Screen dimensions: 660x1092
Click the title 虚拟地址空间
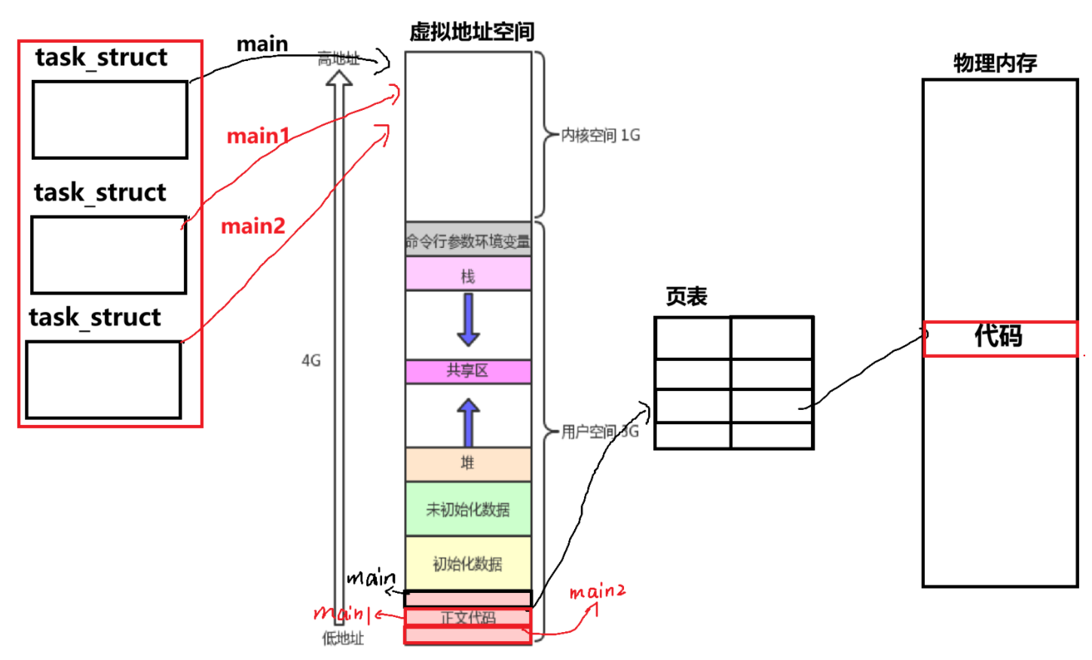[x=472, y=32]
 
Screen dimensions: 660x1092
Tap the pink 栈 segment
[x=468, y=275]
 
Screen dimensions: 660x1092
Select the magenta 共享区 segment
[x=468, y=371]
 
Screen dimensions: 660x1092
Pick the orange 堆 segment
[x=468, y=463]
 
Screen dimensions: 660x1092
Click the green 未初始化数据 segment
[x=468, y=509]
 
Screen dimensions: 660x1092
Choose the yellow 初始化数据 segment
[x=468, y=564]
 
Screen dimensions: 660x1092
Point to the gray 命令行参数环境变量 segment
[x=468, y=241]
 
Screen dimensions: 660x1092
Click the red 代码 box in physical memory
[x=999, y=337]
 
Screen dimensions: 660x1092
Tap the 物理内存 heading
[x=995, y=63]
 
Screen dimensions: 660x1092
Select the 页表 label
[x=687, y=297]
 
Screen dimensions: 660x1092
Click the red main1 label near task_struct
[x=258, y=136]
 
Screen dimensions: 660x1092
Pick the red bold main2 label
[x=253, y=226]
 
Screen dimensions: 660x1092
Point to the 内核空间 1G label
[x=601, y=136]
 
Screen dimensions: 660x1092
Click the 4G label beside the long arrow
[x=311, y=361]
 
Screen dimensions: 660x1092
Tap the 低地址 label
[x=343, y=639]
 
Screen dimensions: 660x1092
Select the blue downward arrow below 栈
[x=468, y=319]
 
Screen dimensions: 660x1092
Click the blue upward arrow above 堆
[x=468, y=423]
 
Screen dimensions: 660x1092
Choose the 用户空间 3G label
[x=600, y=432]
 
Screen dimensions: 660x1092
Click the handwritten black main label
[x=371, y=579]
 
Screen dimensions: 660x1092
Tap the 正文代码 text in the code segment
[x=468, y=618]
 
